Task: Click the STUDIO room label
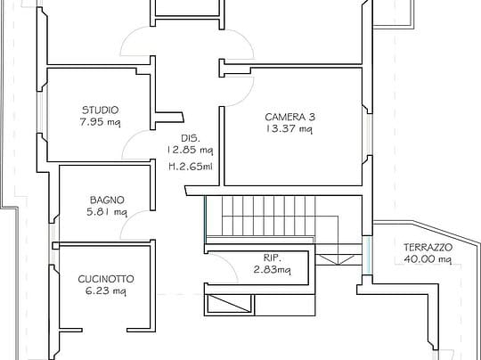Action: pos(101,110)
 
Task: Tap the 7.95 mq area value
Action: pos(101,122)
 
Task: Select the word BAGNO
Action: pos(107,200)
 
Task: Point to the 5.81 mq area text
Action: pos(107,212)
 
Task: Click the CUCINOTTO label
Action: pos(106,279)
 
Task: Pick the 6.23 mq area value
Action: pos(106,291)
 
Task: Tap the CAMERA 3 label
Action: pos(289,117)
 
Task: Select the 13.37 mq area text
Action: pos(289,129)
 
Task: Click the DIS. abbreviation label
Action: pos(191,138)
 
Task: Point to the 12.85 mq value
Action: pos(190,150)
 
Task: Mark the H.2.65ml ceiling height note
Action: pos(191,167)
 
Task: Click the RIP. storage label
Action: pos(273,258)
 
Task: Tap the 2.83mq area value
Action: pos(273,270)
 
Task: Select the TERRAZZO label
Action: pos(428,247)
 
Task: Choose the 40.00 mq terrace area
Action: pos(428,259)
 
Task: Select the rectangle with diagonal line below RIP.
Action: pos(229,304)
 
